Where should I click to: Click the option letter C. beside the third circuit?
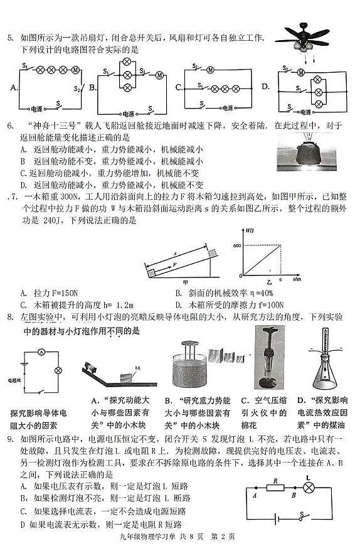[x=179, y=87]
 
